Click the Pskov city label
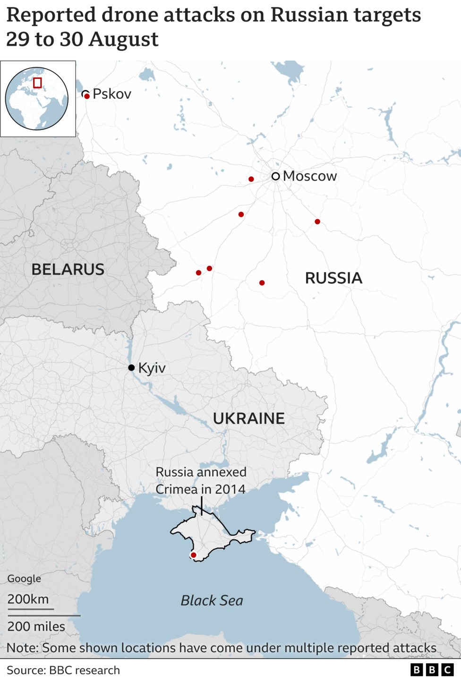pos(111,94)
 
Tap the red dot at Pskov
pos(87,96)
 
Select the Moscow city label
pos(310,176)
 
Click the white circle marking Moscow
pos(275,176)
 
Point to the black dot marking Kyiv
pos(131,367)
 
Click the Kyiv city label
pos(152,368)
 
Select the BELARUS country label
pos(68,269)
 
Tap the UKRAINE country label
pos(248,418)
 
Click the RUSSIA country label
pos(333,278)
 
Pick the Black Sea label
pos(212,600)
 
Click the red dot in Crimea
pos(193,555)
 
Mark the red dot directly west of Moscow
pos(251,179)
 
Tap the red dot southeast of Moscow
pos(317,222)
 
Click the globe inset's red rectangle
pos(37,83)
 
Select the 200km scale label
pos(28,599)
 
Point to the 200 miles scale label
pos(36,626)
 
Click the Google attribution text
pos(24,579)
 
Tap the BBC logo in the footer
pos(432,670)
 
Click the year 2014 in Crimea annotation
pos(230,489)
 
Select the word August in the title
pos(123,39)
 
